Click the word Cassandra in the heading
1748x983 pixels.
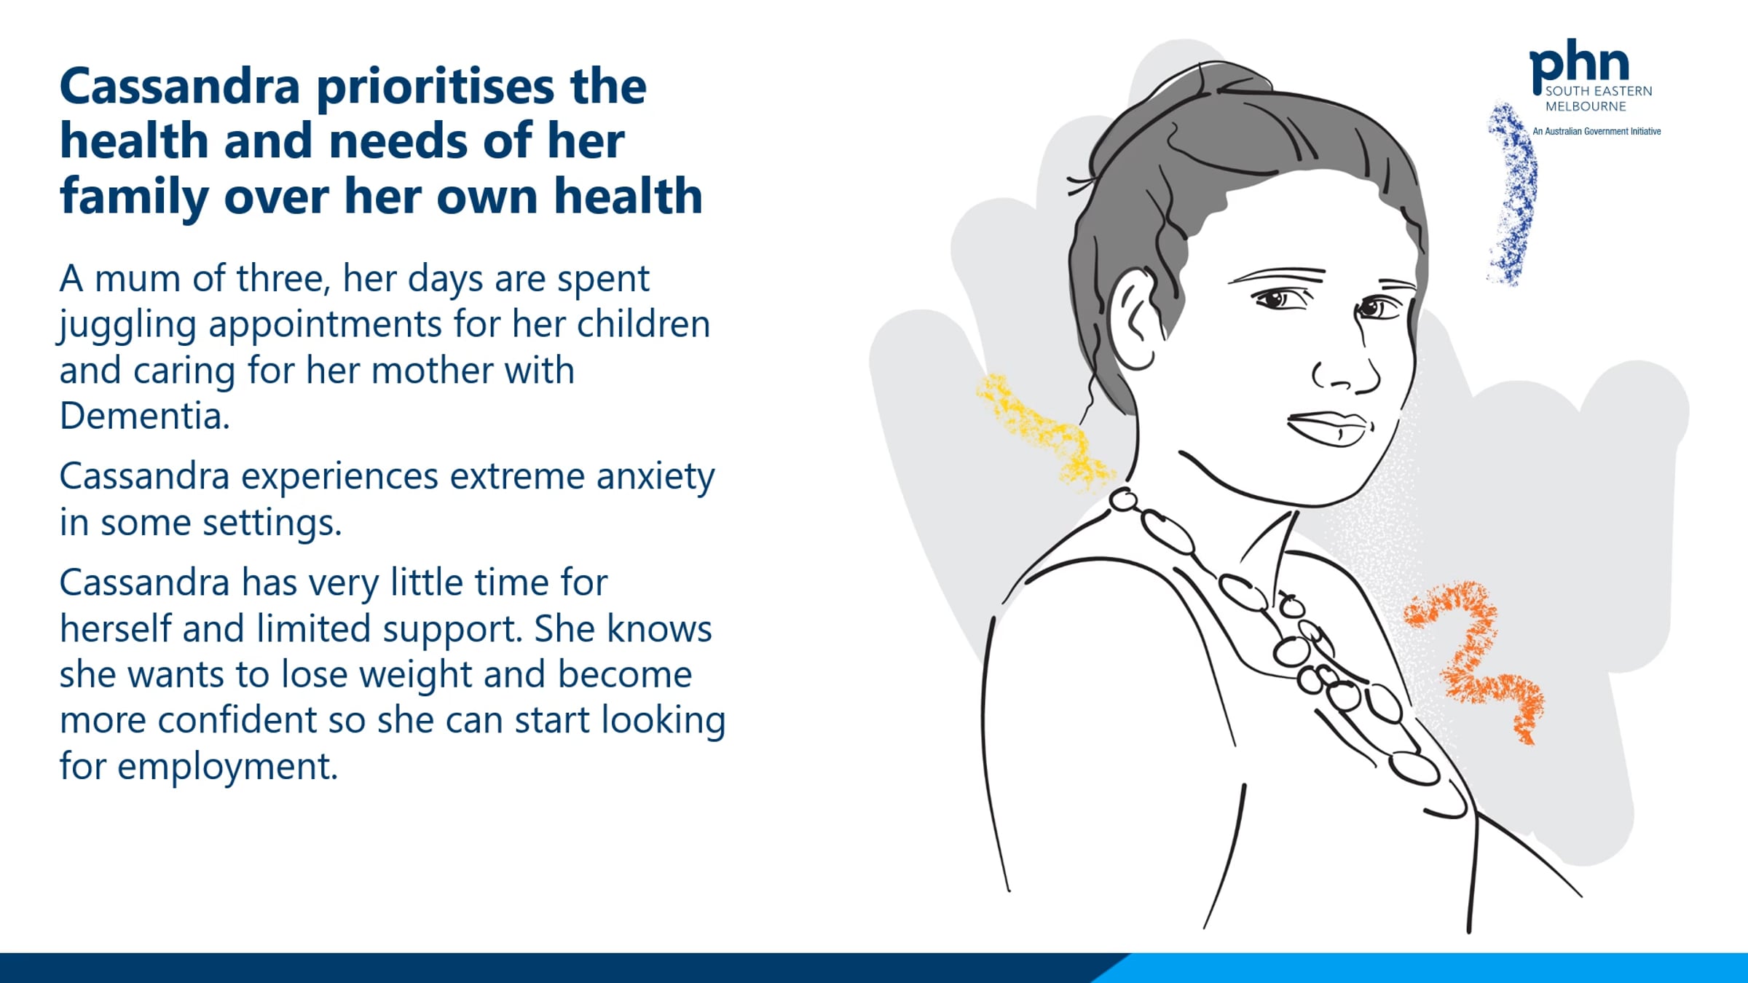pos(180,87)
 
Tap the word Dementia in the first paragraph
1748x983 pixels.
pos(144,416)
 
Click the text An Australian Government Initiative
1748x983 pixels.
pos(1597,132)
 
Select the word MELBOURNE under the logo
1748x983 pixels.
pos(1586,106)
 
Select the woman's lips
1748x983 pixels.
pos(1329,428)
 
